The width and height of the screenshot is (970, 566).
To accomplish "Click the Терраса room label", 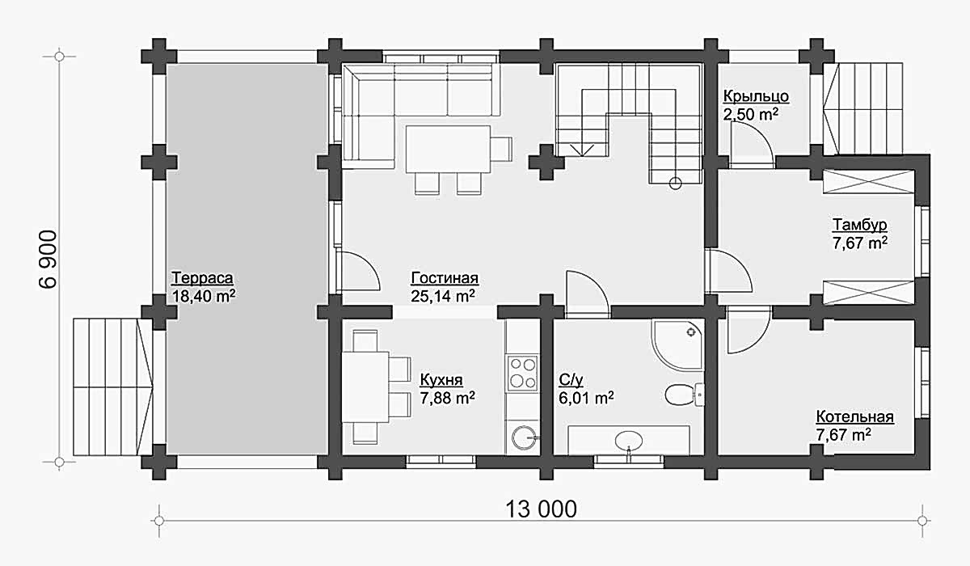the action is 202,278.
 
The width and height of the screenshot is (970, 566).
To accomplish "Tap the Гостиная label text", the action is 445,278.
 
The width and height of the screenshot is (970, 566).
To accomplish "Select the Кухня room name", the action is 441,380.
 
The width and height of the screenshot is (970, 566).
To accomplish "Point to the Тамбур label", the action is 859,225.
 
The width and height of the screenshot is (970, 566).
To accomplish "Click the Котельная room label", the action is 855,416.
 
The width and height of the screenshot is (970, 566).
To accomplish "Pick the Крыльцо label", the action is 756,96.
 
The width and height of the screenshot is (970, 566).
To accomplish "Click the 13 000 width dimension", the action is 541,509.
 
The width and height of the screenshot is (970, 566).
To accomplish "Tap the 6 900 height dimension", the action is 48,259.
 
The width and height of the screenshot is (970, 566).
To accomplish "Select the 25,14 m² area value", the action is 443,296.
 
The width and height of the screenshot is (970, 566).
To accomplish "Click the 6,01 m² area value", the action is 586,398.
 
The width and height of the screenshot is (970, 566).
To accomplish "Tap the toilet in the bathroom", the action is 684,394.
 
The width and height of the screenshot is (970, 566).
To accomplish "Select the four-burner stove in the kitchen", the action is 523,373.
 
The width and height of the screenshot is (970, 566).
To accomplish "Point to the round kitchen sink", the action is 525,437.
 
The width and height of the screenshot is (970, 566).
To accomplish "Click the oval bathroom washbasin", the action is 629,441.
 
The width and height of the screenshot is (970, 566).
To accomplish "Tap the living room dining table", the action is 448,150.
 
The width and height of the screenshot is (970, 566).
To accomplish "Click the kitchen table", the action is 365,387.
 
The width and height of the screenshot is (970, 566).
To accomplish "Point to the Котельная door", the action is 749,330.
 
